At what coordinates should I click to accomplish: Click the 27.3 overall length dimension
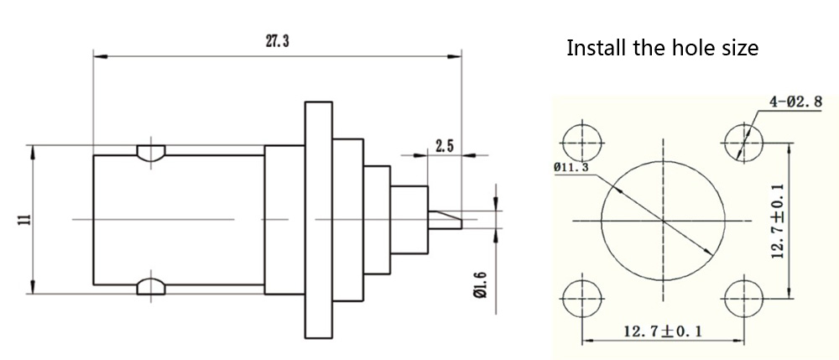point(277,42)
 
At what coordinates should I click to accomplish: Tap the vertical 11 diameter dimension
point(24,220)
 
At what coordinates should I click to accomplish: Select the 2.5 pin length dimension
point(444,146)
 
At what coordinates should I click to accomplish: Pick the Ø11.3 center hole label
point(571,167)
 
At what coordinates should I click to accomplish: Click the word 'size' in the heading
point(738,47)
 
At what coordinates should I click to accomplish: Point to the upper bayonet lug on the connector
point(151,154)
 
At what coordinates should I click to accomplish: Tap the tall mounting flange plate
point(317,220)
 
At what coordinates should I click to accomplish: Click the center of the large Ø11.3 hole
point(663,221)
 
